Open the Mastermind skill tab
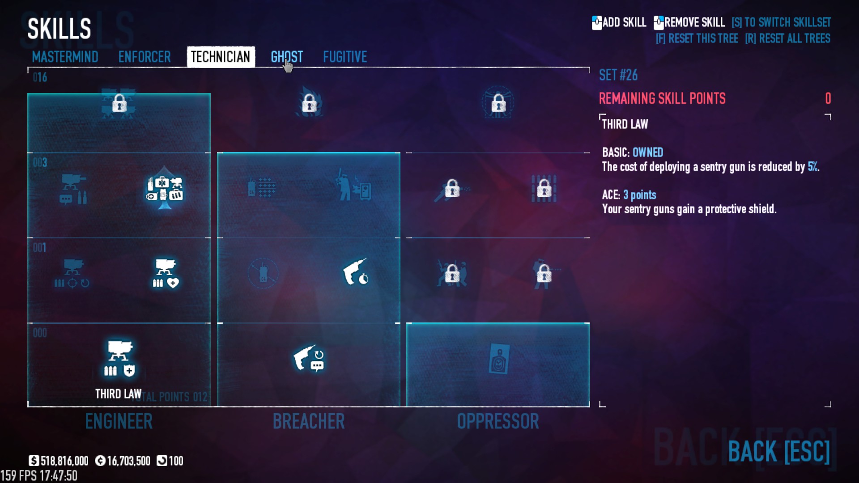(65, 57)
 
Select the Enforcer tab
(145, 57)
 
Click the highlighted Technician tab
(221, 57)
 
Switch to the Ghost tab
(287, 57)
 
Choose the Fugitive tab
(345, 57)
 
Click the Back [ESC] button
(779, 451)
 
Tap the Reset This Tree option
(697, 38)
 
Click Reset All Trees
(788, 38)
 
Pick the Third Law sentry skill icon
(119, 359)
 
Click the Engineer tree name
(119, 421)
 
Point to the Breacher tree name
(309, 421)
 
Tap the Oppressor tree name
(498, 421)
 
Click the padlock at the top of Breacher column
(309, 103)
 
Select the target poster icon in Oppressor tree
(498, 359)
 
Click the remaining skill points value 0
(828, 98)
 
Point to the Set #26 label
(618, 75)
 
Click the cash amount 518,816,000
(64, 461)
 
